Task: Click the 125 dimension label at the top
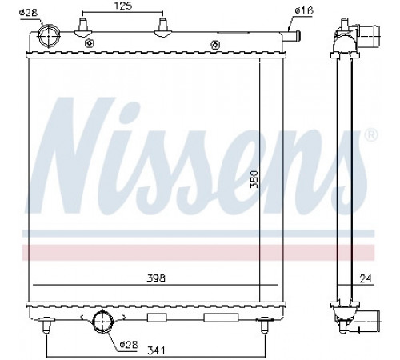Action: [x=123, y=6]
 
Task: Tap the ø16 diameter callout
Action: [x=304, y=10]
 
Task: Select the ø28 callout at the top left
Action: [x=29, y=13]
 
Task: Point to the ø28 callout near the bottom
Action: [x=129, y=344]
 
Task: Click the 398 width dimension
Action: [x=156, y=278]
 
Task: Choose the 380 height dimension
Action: [x=254, y=179]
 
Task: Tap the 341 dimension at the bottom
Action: [x=156, y=350]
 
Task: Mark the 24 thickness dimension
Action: [x=366, y=278]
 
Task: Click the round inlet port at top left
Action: [x=49, y=36]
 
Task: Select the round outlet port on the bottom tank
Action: [x=102, y=322]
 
